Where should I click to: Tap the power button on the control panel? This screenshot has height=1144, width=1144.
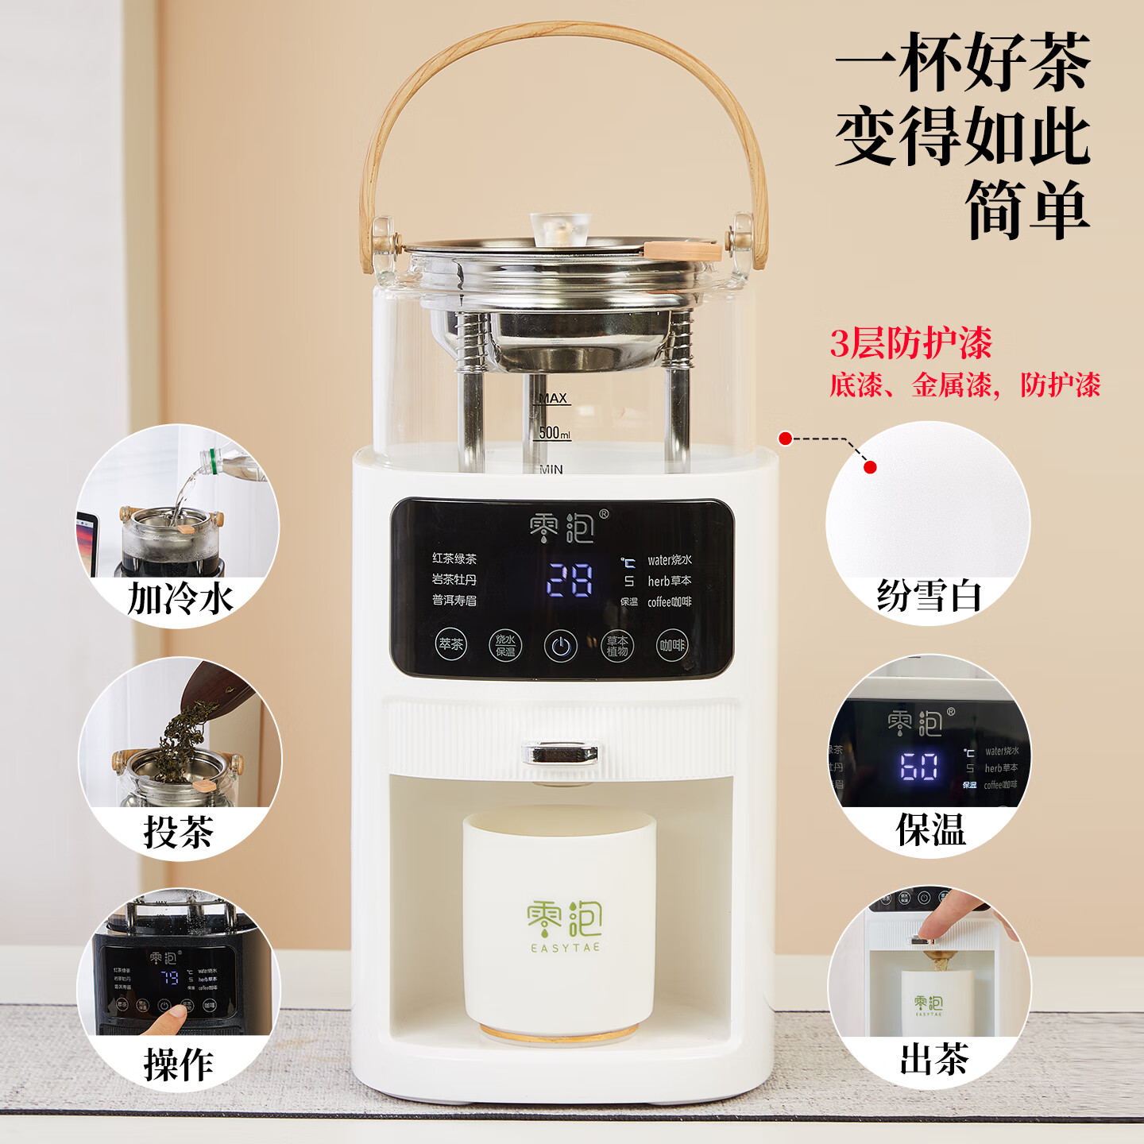(560, 646)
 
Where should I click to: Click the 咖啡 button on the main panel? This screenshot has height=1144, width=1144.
(671, 645)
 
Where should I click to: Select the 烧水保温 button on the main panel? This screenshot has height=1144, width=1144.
(505, 645)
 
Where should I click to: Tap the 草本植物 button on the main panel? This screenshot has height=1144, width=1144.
(616, 645)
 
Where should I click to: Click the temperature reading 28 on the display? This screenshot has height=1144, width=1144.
(570, 581)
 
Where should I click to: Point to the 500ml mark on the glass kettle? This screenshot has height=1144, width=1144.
(555, 433)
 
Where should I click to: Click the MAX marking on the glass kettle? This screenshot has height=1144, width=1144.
(553, 398)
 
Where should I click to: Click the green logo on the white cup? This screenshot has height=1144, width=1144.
(564, 922)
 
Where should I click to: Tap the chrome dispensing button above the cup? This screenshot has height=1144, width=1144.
(560, 752)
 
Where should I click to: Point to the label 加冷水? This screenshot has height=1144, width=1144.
(180, 598)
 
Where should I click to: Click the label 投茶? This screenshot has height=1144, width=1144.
(179, 832)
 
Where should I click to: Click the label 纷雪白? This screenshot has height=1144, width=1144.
(929, 595)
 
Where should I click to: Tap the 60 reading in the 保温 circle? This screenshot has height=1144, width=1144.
(919, 767)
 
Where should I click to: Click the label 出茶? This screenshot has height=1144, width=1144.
(933, 1059)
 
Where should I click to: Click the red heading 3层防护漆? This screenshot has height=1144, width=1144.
(910, 343)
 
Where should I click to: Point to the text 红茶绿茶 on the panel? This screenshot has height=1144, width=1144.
(454, 558)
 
